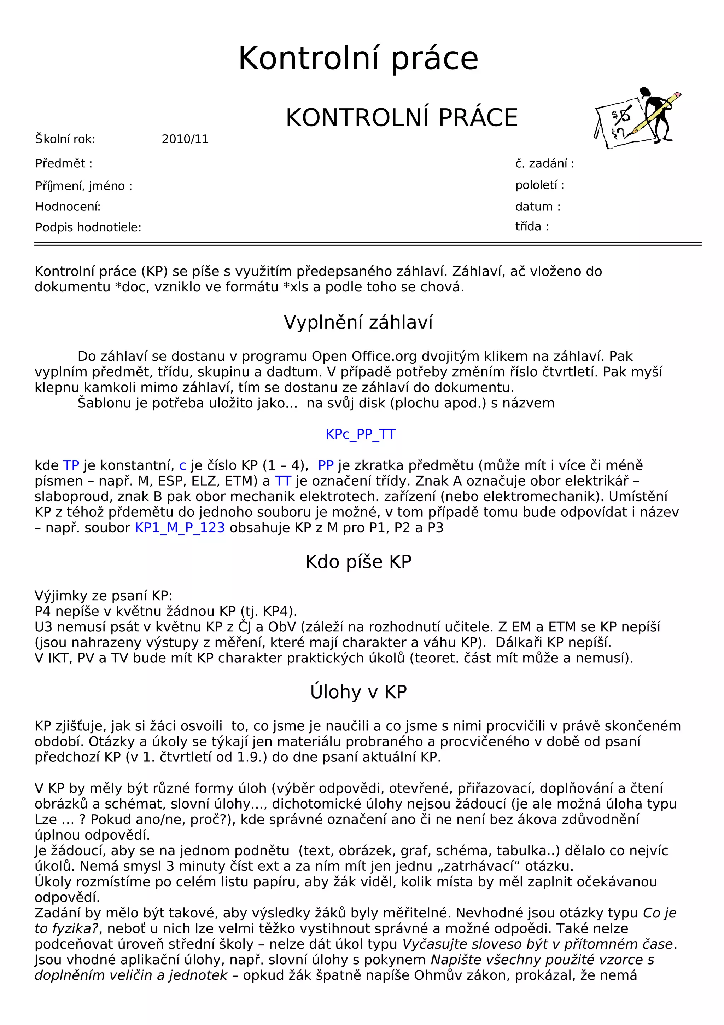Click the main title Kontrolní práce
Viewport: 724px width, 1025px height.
(x=358, y=58)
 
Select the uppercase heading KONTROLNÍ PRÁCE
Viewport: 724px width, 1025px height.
(x=402, y=118)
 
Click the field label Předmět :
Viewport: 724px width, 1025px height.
(x=64, y=163)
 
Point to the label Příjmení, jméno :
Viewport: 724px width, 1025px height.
(x=84, y=186)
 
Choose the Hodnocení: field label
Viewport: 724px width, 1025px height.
(x=68, y=207)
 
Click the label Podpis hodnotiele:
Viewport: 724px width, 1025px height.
(x=88, y=228)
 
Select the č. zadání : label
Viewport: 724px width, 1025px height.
(x=544, y=164)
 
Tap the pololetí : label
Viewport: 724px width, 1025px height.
(x=539, y=185)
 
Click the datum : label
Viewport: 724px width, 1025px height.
(x=538, y=207)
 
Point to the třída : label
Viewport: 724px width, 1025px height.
(x=532, y=227)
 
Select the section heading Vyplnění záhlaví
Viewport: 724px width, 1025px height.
(x=358, y=322)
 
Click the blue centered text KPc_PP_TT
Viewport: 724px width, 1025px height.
(x=361, y=434)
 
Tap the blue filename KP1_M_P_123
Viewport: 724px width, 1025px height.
(x=180, y=528)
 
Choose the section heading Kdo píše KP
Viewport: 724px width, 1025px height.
(x=358, y=562)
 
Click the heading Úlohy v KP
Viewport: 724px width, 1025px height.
(x=358, y=692)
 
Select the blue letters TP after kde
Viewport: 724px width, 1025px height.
(x=71, y=465)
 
